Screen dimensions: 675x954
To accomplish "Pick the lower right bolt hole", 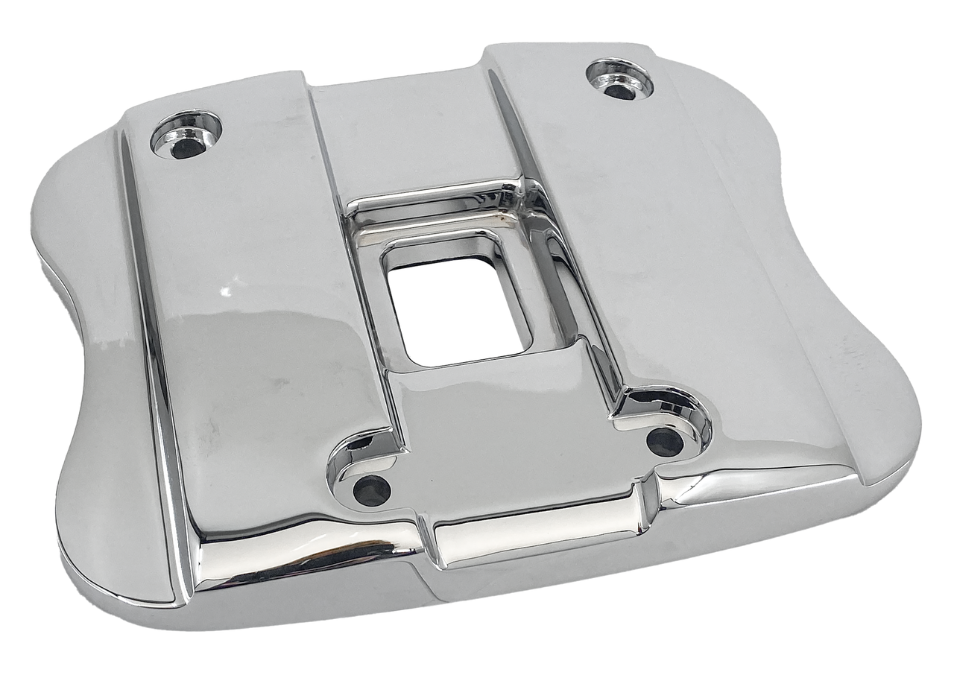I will [x=665, y=442].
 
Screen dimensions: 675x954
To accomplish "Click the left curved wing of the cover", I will [x=89, y=358].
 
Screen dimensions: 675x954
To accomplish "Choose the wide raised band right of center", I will [x=648, y=224].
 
